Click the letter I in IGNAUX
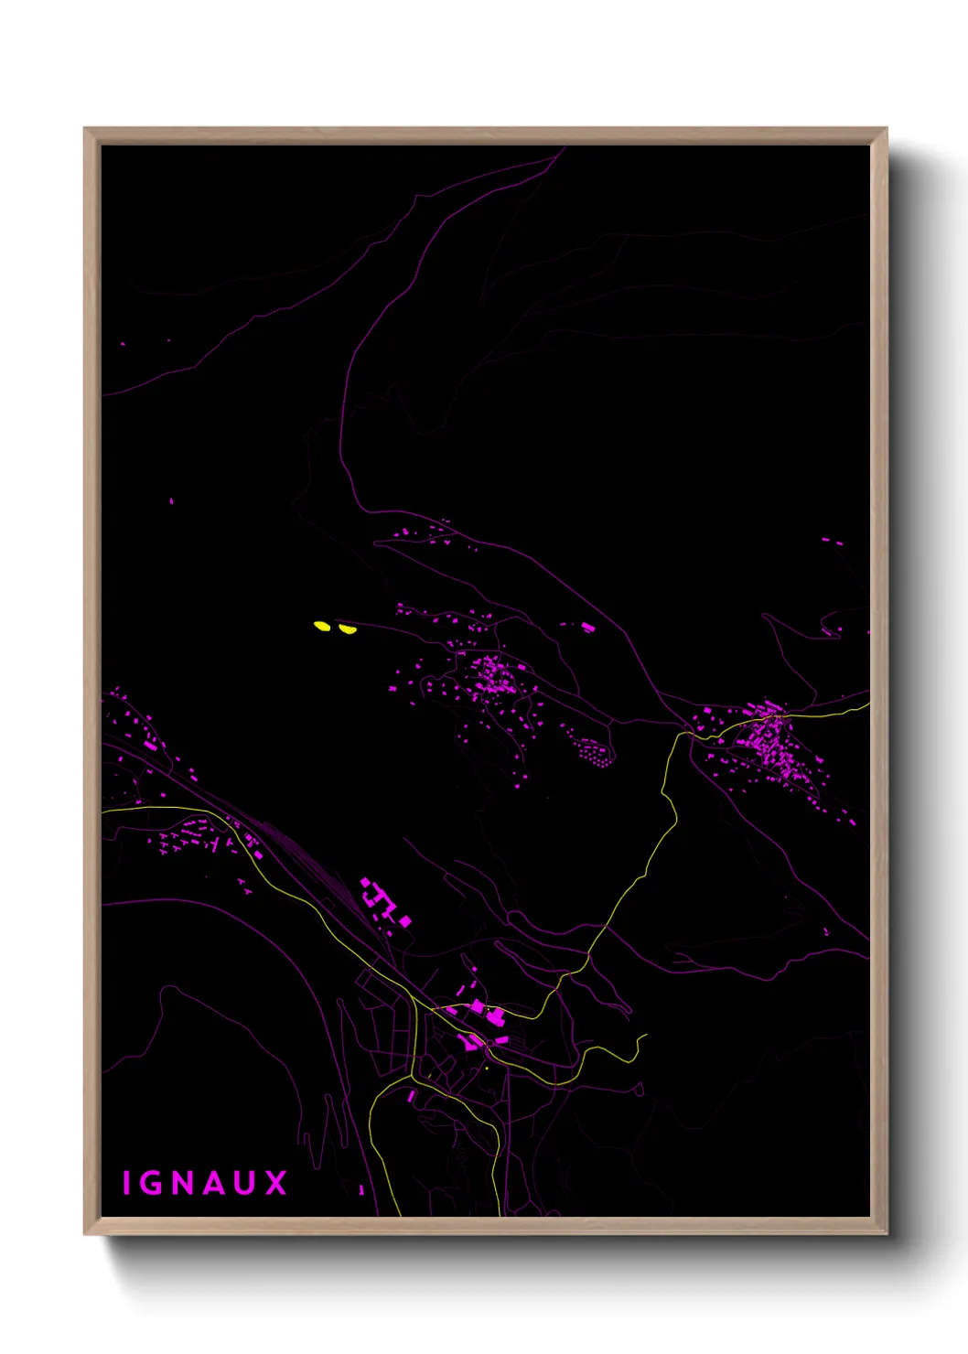coord(126,1183)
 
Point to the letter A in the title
coord(214,1183)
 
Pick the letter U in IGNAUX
coord(245,1183)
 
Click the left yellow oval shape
coord(322,626)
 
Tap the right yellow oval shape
coord(346,629)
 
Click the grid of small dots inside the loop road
coord(593,753)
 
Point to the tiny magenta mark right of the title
coord(361,1189)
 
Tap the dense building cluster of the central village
coord(494,677)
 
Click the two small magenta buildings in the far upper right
coord(832,542)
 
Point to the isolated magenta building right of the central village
coord(587,627)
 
